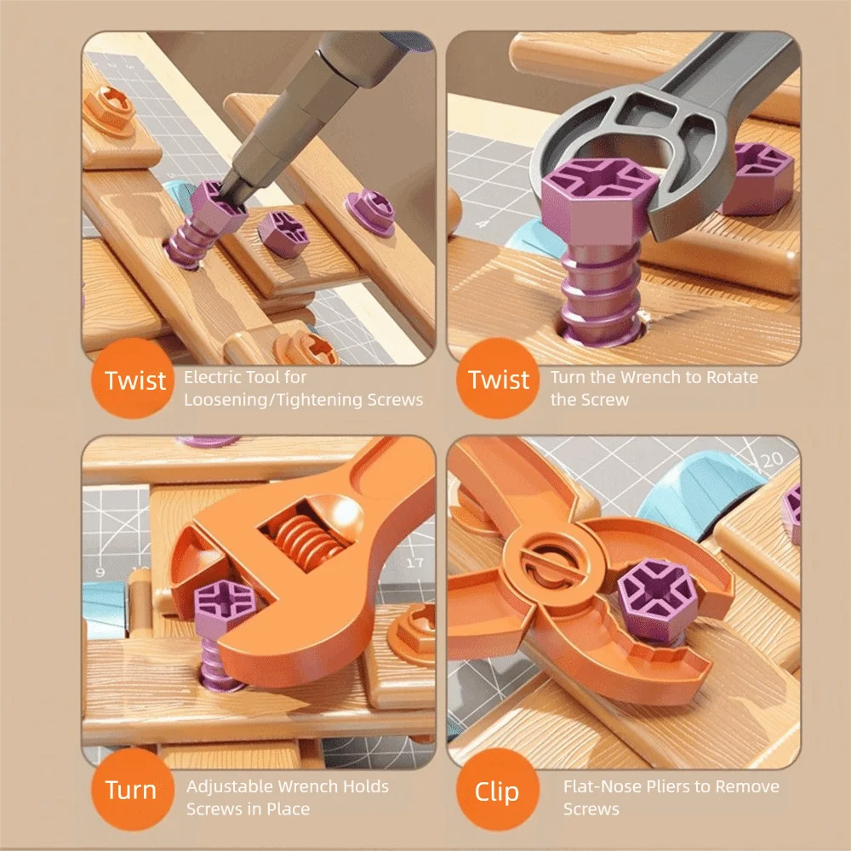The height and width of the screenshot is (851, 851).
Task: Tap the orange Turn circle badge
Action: coord(130,791)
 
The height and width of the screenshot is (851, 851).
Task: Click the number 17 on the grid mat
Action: coord(414,563)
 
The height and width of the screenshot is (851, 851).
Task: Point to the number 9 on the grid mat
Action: coord(100,572)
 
